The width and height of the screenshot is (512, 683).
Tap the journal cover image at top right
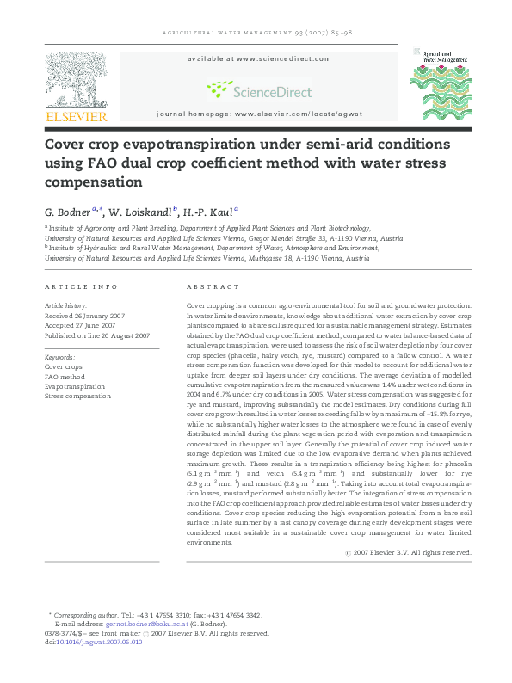441,83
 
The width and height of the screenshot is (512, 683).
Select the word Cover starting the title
68,143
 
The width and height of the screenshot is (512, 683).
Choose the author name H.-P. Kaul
209,211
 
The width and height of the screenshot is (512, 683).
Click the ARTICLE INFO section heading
80,286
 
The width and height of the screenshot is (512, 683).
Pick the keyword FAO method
65,376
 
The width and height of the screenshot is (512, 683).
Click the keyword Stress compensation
77,396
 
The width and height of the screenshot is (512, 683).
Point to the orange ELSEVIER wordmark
76,116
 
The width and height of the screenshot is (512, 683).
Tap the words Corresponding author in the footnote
86,615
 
